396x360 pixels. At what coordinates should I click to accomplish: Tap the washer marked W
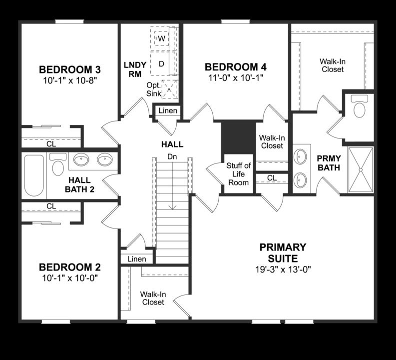[x=161, y=38]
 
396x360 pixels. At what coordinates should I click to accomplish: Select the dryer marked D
[x=161, y=63]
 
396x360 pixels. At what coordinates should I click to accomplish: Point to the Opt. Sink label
[x=153, y=89]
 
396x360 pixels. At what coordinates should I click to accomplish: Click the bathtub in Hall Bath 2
[x=34, y=175]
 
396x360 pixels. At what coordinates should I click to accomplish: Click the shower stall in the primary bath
[x=361, y=169]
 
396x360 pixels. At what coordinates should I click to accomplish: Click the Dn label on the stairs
[x=172, y=156]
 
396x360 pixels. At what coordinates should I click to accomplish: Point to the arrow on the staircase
[x=172, y=205]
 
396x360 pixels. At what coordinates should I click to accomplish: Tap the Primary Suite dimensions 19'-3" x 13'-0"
[x=283, y=269]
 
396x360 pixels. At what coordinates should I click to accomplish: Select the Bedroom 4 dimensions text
[x=236, y=77]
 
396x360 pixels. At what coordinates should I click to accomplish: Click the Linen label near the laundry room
[x=168, y=110]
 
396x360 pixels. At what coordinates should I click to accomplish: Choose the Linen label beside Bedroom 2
[x=137, y=259]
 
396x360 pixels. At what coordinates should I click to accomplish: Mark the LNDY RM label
[x=135, y=69]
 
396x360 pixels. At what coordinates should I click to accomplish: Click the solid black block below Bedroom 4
[x=238, y=137]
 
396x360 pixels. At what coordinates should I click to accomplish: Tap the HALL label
[x=172, y=144]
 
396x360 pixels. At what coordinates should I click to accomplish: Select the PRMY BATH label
[x=329, y=163]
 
